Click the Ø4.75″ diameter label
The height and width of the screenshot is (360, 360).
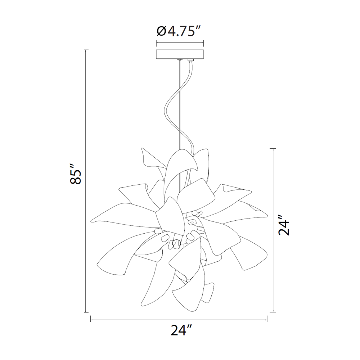tap(179, 31)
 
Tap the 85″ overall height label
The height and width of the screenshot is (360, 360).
tap(76, 174)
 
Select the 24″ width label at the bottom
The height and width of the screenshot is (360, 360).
tap(181, 330)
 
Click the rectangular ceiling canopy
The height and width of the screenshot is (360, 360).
tap(180, 54)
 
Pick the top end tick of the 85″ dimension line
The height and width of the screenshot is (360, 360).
tap(86, 50)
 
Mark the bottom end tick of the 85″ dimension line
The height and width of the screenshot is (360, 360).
tap(86, 312)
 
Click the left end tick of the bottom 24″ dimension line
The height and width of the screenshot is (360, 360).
tap(91, 319)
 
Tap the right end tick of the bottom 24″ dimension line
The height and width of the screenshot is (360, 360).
tap(267, 319)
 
